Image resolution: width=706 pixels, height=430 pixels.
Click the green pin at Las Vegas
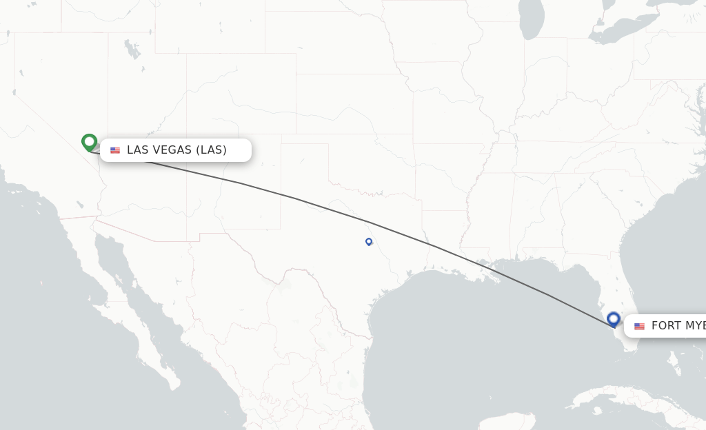[89, 142]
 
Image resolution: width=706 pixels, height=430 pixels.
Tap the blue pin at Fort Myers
[614, 319]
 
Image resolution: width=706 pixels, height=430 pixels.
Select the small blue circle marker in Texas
[369, 241]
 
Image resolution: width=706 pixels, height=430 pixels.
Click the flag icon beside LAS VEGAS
[115, 150]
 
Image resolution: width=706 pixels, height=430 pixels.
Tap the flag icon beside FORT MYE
[639, 326]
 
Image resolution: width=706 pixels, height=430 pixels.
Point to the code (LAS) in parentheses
[211, 150]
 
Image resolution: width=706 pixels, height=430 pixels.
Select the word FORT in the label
[666, 326]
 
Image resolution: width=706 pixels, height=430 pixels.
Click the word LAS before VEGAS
[137, 150]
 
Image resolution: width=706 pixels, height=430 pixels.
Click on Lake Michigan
[532, 21]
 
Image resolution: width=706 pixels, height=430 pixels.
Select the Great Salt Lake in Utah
[129, 48]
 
